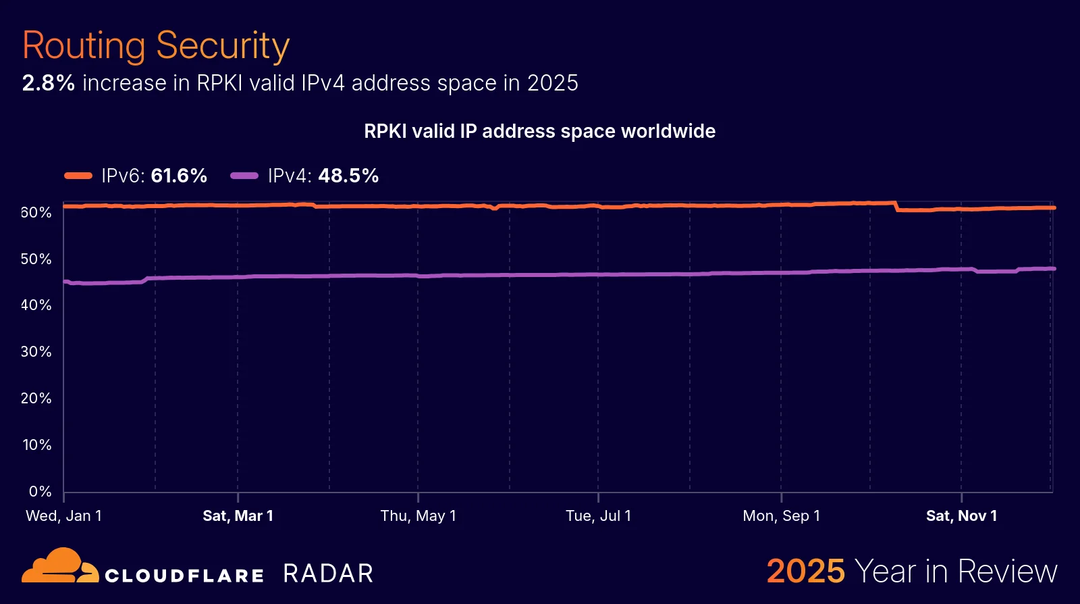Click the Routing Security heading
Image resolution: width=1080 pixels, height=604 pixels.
pos(156,46)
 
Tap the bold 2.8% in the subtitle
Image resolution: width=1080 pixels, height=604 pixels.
pos(48,83)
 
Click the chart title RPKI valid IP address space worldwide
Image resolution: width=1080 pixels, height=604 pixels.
pos(539,131)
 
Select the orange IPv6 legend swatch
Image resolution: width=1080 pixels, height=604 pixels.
pos(78,176)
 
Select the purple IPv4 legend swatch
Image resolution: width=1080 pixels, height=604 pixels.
pos(244,176)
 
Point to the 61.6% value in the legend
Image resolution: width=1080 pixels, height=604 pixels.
pos(179,176)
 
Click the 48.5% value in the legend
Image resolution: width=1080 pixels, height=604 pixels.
pos(348,176)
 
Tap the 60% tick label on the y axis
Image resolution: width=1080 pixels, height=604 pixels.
pos(36,213)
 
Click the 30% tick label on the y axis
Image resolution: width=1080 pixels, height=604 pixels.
pos(36,352)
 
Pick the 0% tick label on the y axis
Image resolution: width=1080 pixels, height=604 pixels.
pos(40,492)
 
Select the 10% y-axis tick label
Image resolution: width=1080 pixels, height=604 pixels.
pos(36,445)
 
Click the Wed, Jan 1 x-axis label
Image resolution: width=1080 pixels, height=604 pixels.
pos(63,516)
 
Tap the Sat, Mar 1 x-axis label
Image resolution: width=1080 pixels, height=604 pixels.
pos(238,516)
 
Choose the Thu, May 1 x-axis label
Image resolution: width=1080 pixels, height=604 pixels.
pos(418,516)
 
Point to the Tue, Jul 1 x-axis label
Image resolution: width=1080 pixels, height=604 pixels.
pos(598,516)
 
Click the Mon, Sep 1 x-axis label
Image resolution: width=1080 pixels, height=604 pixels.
pos(781,516)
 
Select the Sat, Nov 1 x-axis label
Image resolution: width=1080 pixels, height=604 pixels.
pos(961,516)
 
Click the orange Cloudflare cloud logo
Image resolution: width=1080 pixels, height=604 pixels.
pos(59,566)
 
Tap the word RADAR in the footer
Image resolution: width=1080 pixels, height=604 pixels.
pos(328,574)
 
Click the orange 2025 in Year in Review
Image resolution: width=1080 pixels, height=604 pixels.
pos(805,572)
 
